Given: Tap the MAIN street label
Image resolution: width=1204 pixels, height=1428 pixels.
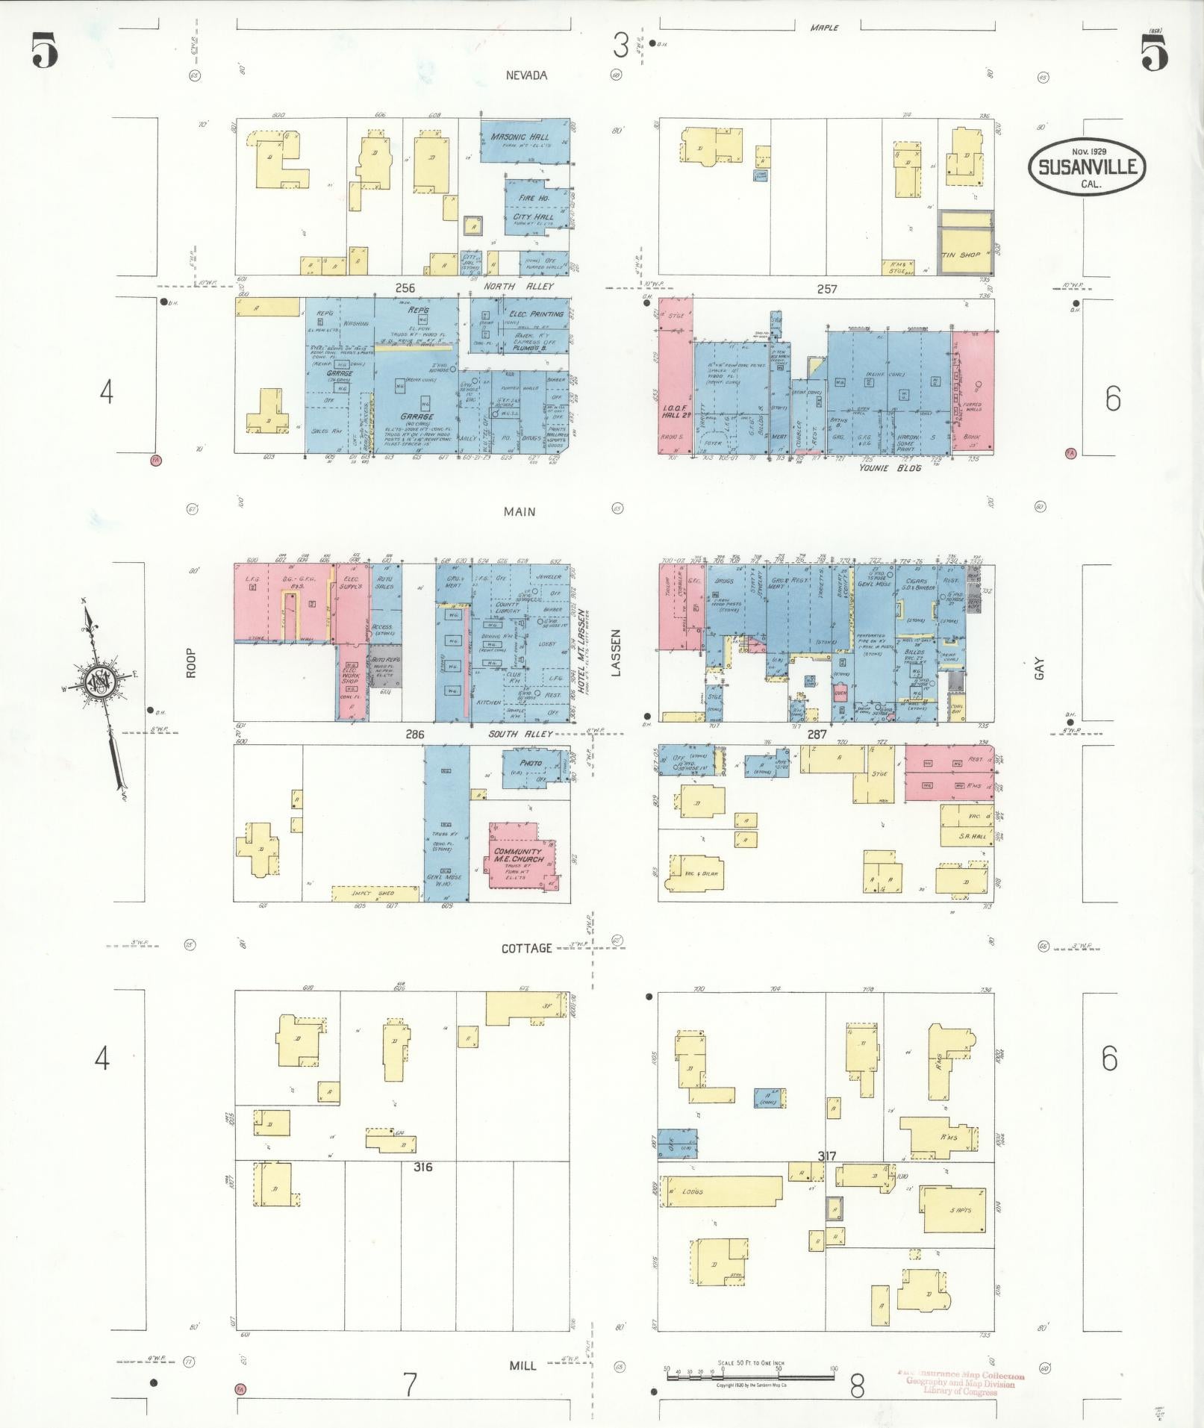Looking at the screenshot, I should point(519,512).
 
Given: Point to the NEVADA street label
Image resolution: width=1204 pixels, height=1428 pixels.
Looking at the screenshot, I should point(526,75).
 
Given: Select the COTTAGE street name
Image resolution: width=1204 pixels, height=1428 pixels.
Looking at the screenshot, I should point(526,948).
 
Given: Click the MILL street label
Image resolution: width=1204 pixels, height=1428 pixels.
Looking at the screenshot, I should point(523,1365).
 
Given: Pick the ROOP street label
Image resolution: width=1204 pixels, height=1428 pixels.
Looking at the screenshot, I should point(191,662).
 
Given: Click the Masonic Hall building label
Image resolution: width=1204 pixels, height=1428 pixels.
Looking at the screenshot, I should point(520,137).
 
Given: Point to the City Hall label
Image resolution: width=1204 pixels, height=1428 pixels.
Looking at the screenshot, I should point(533,216).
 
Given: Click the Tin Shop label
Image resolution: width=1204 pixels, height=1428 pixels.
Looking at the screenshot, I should point(961,255).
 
